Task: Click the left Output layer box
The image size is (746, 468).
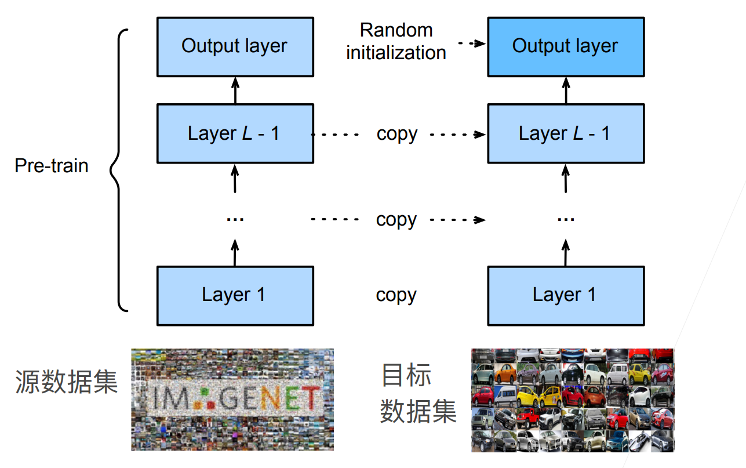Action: [x=235, y=46]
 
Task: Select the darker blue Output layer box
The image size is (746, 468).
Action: [x=565, y=46]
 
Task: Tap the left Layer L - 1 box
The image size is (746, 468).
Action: [x=235, y=133]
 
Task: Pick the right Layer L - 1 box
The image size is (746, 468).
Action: [x=565, y=133]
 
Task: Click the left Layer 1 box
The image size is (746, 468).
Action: [x=235, y=295]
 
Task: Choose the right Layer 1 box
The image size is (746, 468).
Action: [x=565, y=295]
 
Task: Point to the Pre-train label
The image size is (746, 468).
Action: [x=52, y=166]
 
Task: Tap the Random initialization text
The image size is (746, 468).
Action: [x=396, y=41]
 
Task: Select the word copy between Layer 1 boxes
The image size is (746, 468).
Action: [x=396, y=295]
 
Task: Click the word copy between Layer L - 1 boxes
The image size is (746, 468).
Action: [x=396, y=134]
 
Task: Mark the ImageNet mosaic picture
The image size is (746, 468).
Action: [x=232, y=399]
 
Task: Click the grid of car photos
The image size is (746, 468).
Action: [x=573, y=400]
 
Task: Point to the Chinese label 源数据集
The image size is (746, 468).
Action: [x=66, y=382]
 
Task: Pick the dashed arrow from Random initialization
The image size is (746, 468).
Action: [x=471, y=43]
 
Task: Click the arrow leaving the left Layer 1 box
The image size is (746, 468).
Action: [x=235, y=253]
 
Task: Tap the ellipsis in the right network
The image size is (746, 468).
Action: [x=565, y=220]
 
